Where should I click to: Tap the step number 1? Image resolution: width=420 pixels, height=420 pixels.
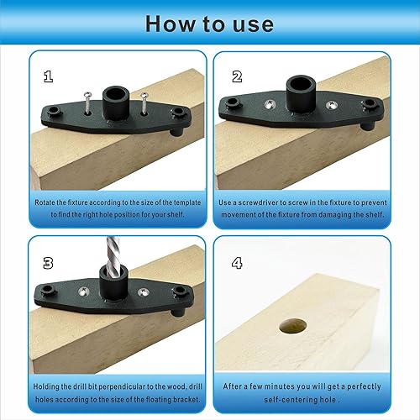49,76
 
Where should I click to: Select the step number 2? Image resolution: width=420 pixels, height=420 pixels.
237,76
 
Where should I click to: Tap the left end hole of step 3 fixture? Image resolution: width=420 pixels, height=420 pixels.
50,291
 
